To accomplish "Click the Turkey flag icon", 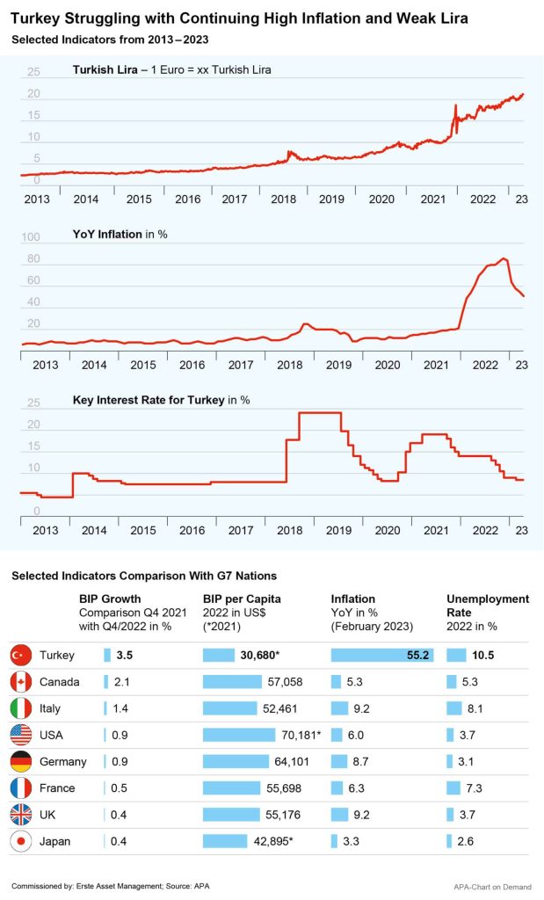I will point(21,656).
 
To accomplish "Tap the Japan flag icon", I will point(21,841).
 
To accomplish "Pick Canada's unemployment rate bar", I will point(454,682).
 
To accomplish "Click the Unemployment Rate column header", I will point(488,606).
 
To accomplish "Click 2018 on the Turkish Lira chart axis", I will point(283,200).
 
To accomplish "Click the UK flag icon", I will point(21,815).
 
